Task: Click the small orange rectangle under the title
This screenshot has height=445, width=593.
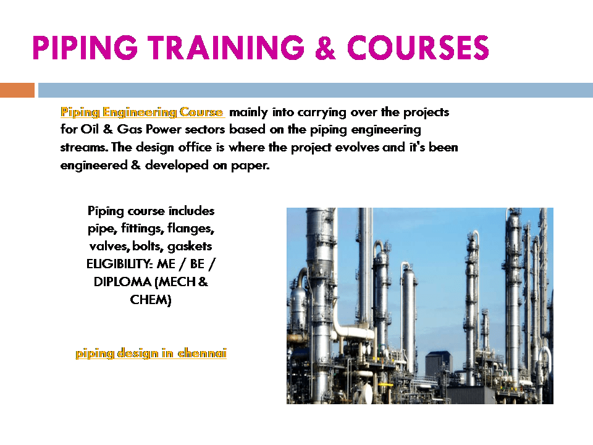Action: [17, 90]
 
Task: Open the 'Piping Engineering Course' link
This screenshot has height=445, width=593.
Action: [141, 112]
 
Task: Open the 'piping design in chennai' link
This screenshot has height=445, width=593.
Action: [151, 354]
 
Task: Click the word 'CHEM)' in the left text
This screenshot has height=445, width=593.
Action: [151, 300]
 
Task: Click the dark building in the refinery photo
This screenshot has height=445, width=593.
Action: [440, 368]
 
